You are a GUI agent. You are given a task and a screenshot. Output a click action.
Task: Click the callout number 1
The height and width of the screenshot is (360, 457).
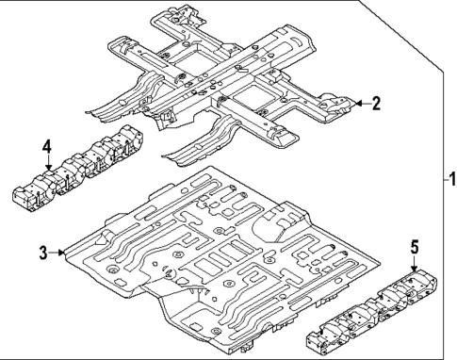coord(449,178)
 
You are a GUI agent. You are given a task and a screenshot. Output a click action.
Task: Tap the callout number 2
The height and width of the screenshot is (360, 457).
coord(376,104)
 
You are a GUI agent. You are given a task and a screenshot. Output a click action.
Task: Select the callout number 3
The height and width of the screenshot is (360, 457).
coord(42,253)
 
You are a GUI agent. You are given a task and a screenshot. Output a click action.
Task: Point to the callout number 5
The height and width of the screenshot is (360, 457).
coord(414,247)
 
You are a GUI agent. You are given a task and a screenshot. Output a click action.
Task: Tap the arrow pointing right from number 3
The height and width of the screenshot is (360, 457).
coord(58,253)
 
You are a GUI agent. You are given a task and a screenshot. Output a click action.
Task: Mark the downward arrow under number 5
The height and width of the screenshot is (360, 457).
coord(414,264)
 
